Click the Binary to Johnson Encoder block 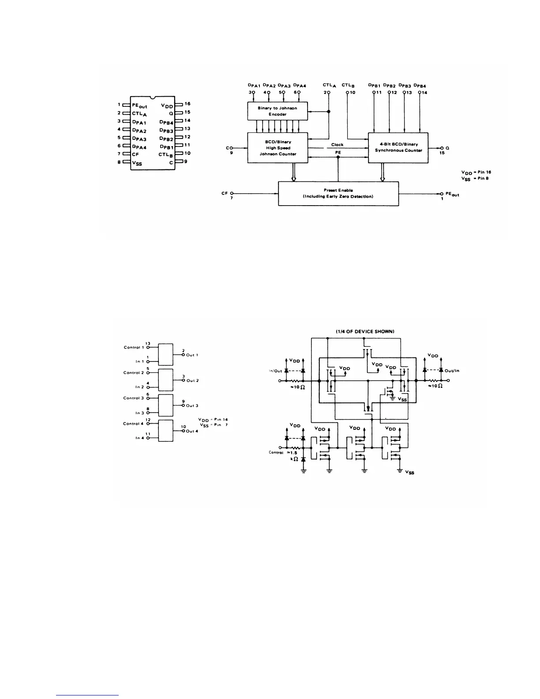click(277, 111)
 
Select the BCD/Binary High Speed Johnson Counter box click(277, 148)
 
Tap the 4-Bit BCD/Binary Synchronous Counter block click(398, 147)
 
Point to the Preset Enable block click(338, 193)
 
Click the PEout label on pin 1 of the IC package click(139, 105)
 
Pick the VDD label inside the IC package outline click(167, 105)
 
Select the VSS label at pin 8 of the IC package click(137, 162)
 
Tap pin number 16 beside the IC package click(187, 104)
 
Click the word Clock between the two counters click(337, 145)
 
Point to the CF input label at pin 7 click(225, 193)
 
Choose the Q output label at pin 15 click(447, 148)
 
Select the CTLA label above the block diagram click(329, 86)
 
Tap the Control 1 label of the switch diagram click(134, 347)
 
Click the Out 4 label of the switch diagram click(192, 431)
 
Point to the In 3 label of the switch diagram click(139, 413)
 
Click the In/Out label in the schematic click(275, 371)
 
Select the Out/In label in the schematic click(452, 371)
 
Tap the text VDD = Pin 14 click(213, 420)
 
